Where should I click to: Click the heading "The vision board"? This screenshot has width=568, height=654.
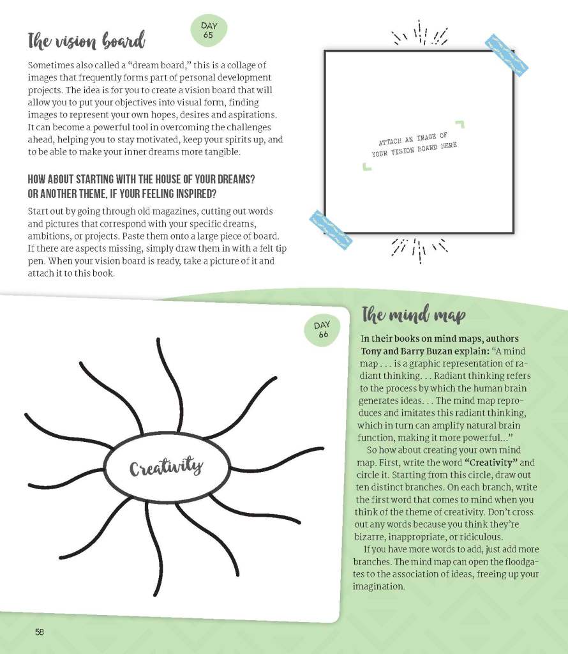pos(86,42)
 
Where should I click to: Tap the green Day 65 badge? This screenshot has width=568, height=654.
pos(209,31)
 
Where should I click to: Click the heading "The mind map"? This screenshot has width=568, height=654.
pos(413,316)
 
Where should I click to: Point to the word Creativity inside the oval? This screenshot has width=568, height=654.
pos(166,468)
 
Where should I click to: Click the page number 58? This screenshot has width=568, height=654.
pos(40,632)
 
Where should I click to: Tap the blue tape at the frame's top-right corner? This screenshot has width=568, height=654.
pos(508,53)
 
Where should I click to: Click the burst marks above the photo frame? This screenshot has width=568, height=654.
pos(420,34)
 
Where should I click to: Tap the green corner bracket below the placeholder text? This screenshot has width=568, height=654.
pos(366,167)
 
